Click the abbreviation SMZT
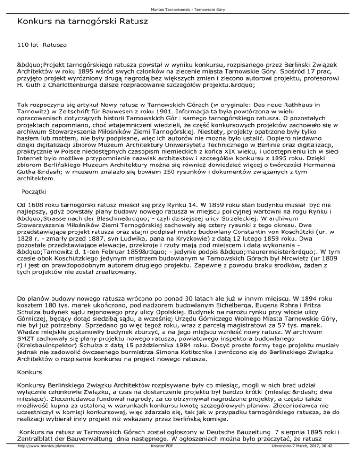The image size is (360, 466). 26,339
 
